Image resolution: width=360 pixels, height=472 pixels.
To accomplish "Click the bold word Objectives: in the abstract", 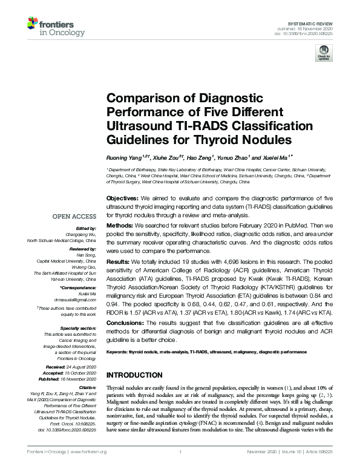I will tap(123, 198).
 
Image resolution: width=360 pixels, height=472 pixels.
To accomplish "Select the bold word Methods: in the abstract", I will tap(120, 223).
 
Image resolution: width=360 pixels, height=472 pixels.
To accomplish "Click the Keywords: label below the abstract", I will tap(118, 351).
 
